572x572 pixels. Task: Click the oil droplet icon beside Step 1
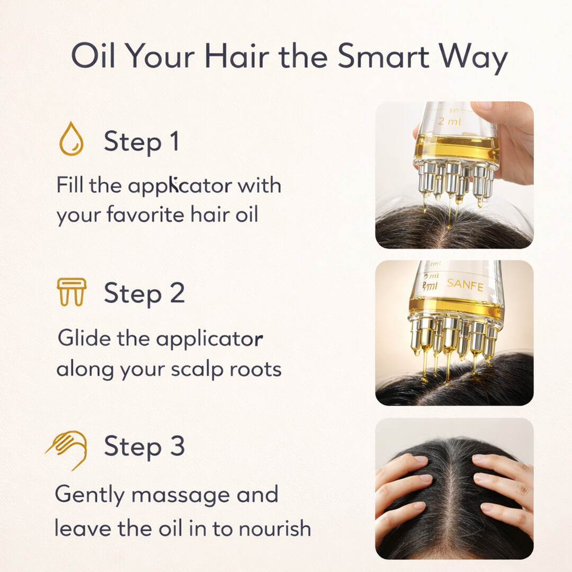tap(71, 139)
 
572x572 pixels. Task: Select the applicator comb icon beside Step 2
tap(71, 292)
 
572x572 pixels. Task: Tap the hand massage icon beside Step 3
tap(67, 449)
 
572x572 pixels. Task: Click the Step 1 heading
tap(141, 142)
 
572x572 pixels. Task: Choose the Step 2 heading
tap(144, 293)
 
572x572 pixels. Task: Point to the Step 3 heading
tap(144, 446)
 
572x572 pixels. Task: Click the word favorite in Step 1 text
tap(152, 216)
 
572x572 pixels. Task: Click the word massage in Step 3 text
tap(181, 495)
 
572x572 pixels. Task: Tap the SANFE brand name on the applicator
tap(464, 285)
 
